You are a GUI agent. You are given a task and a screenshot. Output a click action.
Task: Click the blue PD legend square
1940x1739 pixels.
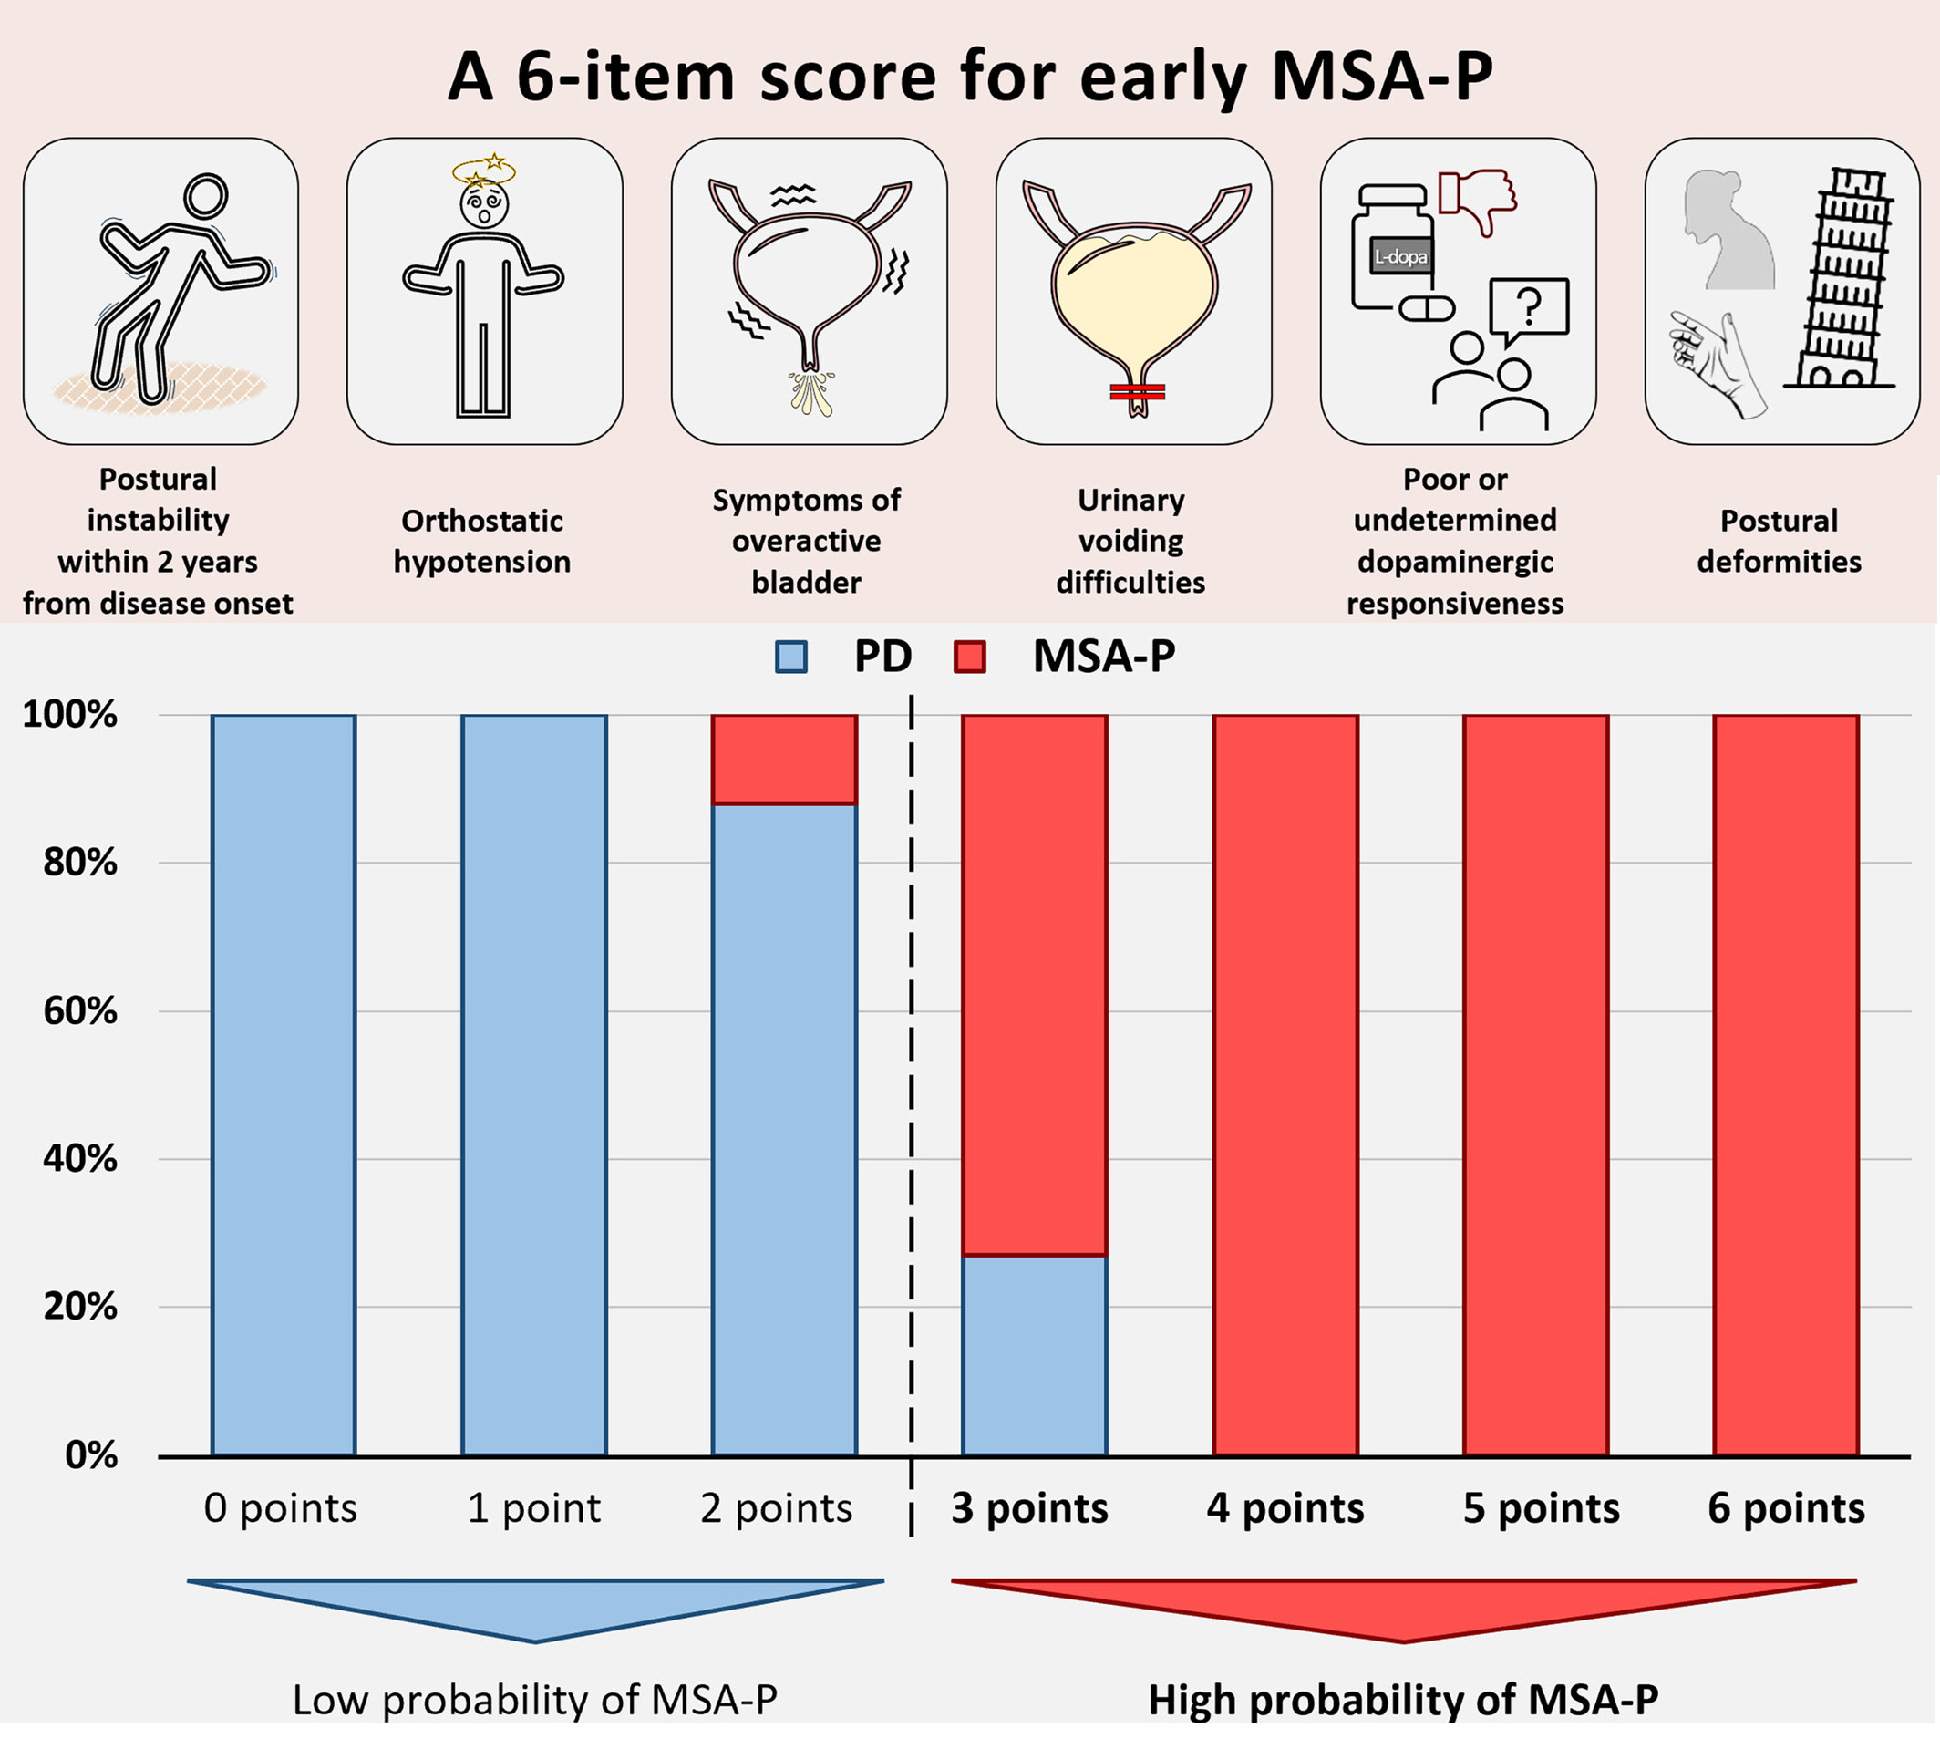click(791, 657)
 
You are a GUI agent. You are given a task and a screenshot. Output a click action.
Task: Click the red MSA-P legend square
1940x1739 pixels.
click(969, 657)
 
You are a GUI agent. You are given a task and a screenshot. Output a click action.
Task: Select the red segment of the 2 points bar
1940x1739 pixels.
click(784, 760)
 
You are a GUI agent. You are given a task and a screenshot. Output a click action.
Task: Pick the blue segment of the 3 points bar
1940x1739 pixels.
click(1035, 1356)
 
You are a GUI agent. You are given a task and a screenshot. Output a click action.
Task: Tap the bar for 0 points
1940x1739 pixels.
click(284, 1085)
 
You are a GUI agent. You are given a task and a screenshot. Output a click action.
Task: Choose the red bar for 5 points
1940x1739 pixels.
click(1536, 1085)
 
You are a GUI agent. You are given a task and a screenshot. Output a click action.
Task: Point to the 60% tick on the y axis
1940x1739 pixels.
click(80, 1011)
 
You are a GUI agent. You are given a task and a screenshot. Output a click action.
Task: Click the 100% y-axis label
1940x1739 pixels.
click(69, 715)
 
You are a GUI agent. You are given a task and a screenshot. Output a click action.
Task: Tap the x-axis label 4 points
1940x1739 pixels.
click(1285, 1508)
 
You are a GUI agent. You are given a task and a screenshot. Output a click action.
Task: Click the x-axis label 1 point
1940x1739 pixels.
click(534, 1508)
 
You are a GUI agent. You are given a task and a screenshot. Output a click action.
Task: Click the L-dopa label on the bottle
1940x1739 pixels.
click(1400, 257)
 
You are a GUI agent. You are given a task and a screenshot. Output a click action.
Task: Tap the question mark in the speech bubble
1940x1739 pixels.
click(1529, 306)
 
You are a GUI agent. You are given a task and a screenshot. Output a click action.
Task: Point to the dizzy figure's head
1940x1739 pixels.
click(484, 202)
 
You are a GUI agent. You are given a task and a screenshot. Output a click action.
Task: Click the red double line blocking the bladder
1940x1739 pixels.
click(1137, 392)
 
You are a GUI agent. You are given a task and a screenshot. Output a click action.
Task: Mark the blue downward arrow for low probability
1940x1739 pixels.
click(535, 1607)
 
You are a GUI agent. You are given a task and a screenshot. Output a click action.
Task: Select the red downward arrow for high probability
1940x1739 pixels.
click(1403, 1607)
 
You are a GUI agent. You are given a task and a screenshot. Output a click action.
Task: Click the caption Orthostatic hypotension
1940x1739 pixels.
click(482, 541)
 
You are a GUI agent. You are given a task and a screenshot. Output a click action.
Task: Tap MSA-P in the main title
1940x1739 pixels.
click(1382, 77)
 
